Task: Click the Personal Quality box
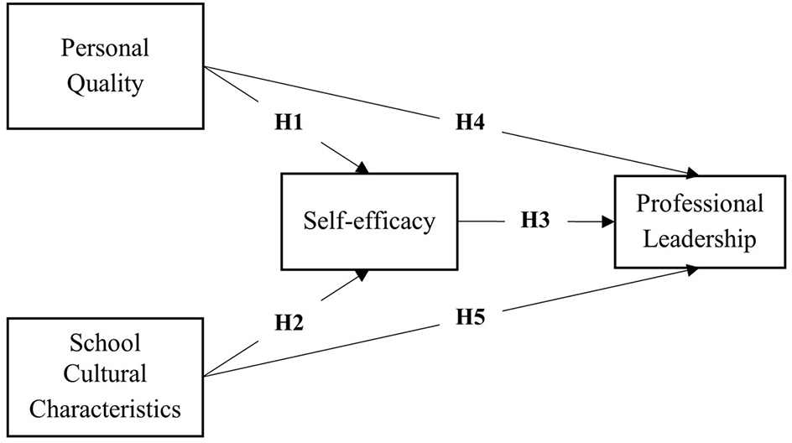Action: click(x=105, y=67)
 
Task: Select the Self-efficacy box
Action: click(x=370, y=221)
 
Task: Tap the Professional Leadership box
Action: click(x=700, y=221)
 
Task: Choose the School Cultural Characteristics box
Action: click(x=105, y=377)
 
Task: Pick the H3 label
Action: click(x=536, y=221)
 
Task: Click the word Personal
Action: click(x=105, y=49)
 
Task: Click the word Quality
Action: click(x=105, y=86)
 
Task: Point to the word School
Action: click(x=105, y=343)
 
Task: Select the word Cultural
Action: click(x=105, y=376)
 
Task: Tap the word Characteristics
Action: click(x=105, y=409)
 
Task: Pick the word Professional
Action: click(x=700, y=204)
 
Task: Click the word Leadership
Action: click(x=700, y=240)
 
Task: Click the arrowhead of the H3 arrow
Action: click(x=607, y=222)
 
